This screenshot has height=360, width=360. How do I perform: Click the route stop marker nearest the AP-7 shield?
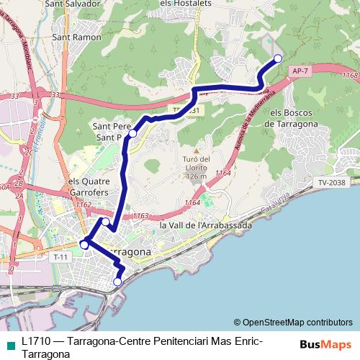pos(279,58)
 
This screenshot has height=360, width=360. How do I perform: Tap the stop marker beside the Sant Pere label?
pos(132,133)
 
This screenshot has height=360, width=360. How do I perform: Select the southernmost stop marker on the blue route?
pos(117,282)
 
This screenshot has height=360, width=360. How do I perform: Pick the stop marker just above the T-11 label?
pos(84,245)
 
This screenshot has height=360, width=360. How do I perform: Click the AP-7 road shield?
pos(301,71)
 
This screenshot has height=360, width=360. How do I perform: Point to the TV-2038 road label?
pos(333,183)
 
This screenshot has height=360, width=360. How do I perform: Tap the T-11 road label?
pos(60,256)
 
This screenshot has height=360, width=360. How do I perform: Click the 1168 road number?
pos(351,76)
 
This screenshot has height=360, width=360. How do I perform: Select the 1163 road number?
pos(141,215)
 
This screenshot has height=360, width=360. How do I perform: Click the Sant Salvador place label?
pos(72,4)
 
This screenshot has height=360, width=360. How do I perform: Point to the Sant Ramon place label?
pos(77,37)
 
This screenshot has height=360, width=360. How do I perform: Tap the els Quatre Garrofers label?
pos(89,187)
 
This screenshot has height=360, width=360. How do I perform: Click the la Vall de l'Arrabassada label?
pos(205,225)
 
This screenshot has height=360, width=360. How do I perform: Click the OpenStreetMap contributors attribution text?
pos(293,322)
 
